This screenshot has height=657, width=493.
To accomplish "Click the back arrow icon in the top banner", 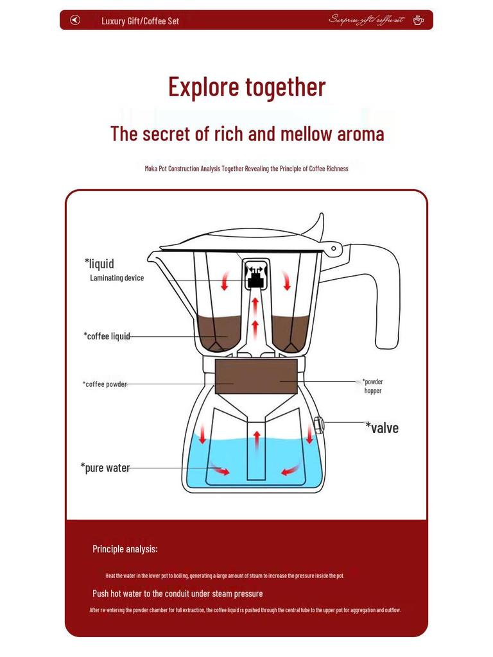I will pos(75,20).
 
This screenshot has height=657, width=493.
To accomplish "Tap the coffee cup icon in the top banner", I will pos(418,20).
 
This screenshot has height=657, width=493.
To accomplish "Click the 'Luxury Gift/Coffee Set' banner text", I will pos(140,21).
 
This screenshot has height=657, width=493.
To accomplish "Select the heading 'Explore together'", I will pos(246,87).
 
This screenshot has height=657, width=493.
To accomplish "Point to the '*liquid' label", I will pos(99,263).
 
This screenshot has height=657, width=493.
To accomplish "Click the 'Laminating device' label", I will pos(117,278).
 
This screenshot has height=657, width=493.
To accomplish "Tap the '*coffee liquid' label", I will pos(107,336).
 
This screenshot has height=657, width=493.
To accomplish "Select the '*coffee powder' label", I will pos(105,384).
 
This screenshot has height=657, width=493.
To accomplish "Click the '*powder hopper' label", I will pos(373,386).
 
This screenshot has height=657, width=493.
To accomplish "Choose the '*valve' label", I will pos(382,428).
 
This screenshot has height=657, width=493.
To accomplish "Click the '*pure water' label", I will pos(105,468).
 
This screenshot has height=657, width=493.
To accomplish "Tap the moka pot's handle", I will pos(386,302).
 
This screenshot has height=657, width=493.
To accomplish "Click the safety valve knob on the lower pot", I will pos(318,423).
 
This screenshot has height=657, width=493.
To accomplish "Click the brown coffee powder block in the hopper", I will pos(256,371).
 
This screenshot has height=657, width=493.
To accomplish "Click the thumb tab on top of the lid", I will pos(315,225).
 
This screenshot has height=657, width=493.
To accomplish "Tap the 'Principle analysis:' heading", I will pos(125,549).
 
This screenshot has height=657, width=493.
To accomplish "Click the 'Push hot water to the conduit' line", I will pos(177,593).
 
